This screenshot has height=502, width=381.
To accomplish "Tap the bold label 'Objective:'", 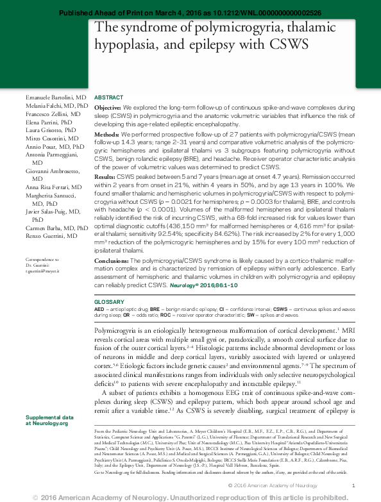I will [108, 108].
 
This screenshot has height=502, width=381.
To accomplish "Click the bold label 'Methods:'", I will [107, 135].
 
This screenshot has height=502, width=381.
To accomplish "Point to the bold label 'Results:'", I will [106, 175].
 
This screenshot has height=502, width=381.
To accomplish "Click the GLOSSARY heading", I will [108, 301].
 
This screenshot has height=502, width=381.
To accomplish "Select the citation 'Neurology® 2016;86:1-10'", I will [207, 283].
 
